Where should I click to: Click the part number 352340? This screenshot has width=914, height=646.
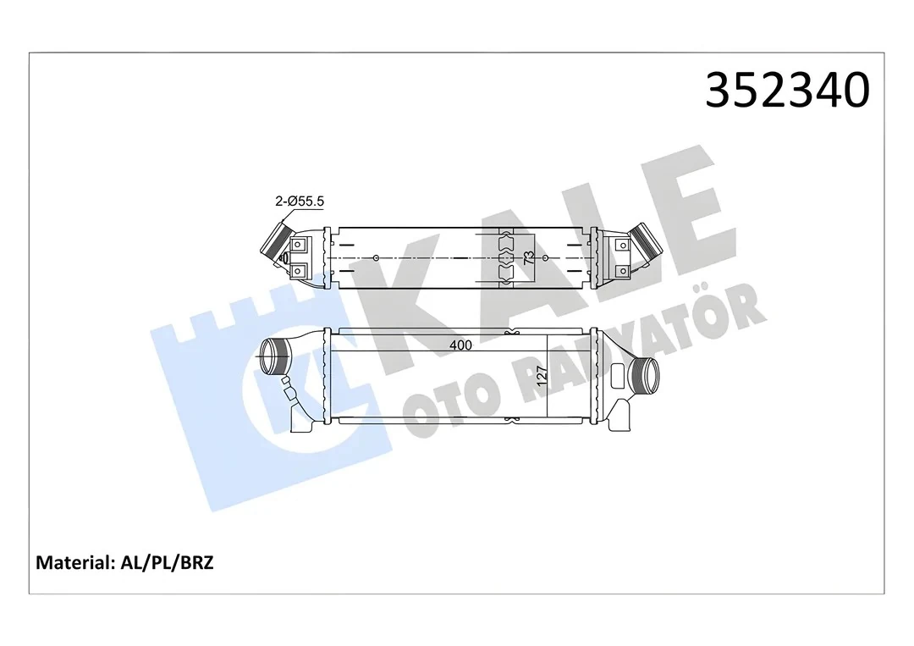(x=787, y=90)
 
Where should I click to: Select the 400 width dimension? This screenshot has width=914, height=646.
(x=460, y=345)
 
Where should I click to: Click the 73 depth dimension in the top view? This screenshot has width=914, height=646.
(x=529, y=257)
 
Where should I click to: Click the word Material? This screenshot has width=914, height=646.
(x=73, y=562)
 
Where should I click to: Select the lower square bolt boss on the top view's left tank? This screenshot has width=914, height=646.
(x=300, y=271)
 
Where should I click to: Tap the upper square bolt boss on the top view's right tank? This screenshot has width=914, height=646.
(x=623, y=244)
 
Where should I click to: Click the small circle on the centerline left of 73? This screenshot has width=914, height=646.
(x=376, y=257)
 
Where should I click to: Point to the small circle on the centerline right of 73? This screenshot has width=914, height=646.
(x=546, y=257)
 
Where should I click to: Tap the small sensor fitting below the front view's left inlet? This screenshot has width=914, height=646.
(x=290, y=389)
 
